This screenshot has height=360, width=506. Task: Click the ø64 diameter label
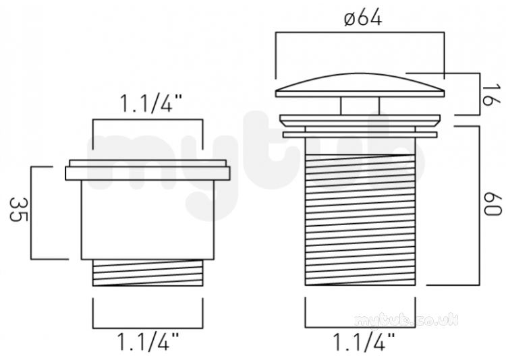point(363,18)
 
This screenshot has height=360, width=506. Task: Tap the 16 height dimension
point(491,94)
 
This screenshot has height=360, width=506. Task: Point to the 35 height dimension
point(18,210)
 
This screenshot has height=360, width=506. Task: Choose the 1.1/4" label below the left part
point(148,342)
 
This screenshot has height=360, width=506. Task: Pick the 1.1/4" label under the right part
point(364,342)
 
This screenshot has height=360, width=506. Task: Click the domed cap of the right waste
point(360,85)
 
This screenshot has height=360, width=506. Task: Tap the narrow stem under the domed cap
point(360,106)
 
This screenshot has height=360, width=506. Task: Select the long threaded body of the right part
point(360,219)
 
